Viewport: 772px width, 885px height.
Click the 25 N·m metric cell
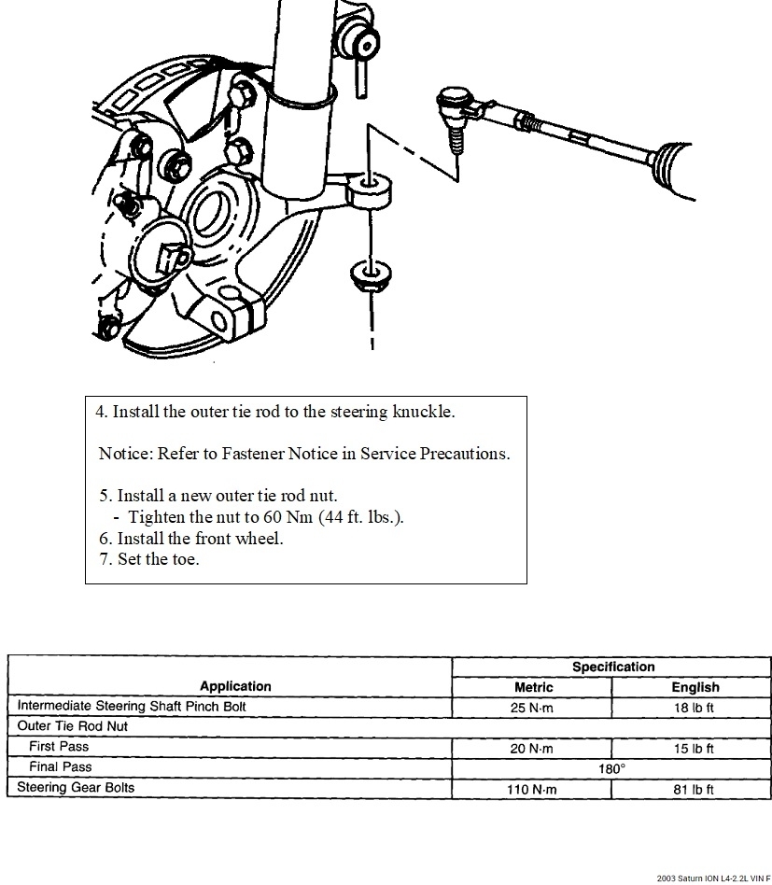point(532,708)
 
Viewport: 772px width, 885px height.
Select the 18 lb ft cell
point(694,708)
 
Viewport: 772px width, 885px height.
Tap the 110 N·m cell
point(532,790)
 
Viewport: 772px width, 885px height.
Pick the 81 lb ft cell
point(694,790)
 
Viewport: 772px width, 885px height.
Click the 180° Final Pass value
point(612,769)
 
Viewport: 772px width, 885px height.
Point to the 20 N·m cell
point(532,749)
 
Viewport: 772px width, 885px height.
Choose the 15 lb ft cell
point(694,749)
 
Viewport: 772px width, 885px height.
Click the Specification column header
point(612,667)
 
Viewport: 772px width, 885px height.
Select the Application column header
point(235,686)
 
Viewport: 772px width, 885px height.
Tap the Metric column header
point(533,687)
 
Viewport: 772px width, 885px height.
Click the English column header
point(695,687)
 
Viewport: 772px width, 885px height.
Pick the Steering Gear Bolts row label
point(76,788)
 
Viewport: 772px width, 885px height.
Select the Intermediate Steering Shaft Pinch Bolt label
point(132,707)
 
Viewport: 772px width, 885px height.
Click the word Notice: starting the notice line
point(125,454)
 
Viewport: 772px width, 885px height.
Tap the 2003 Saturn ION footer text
point(713,878)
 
